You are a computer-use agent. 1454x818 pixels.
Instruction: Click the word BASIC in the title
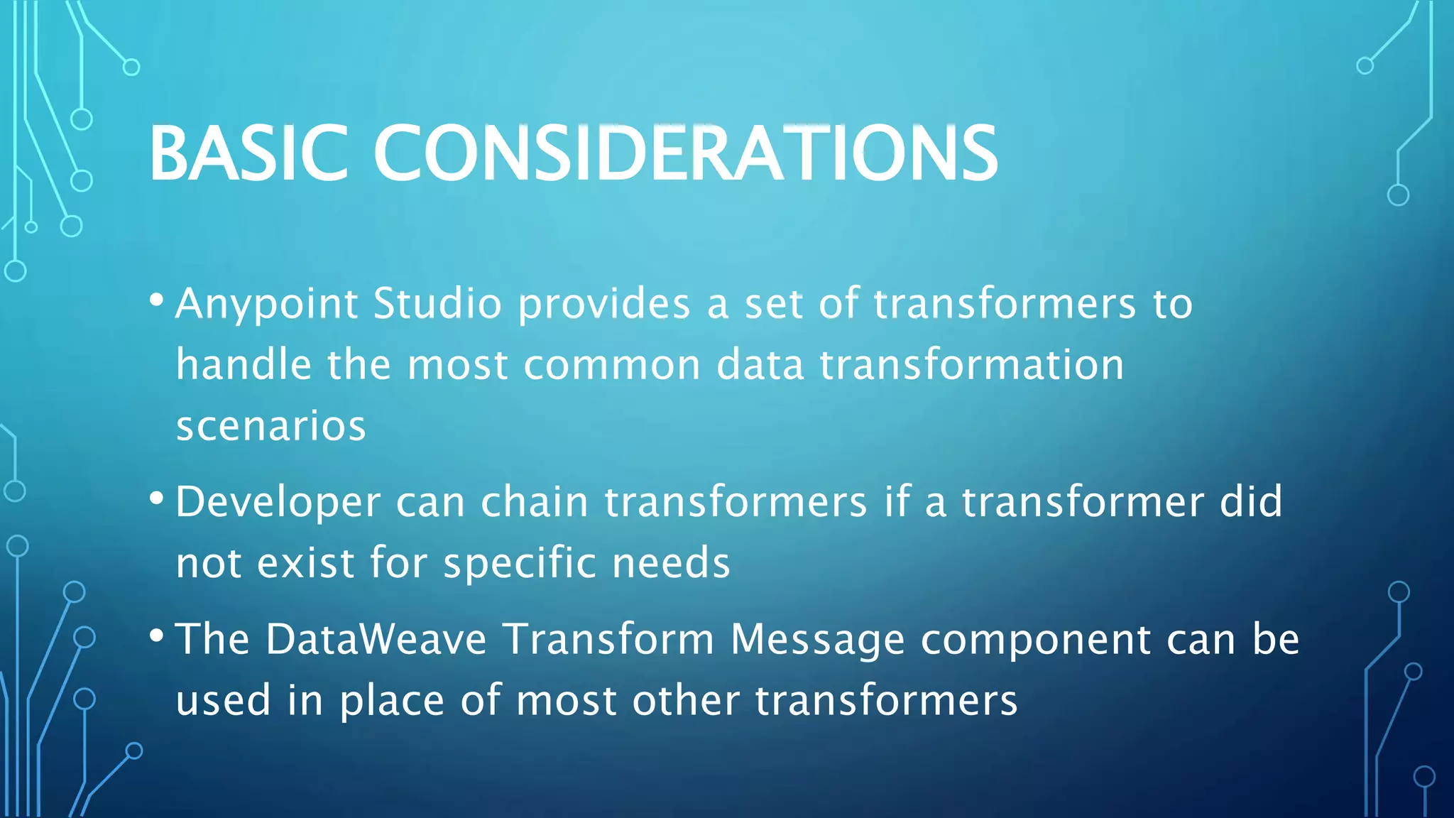pyautogui.click(x=248, y=153)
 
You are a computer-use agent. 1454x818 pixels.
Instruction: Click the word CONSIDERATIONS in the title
pyautogui.click(x=685, y=153)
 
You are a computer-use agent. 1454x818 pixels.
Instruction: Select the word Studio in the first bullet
pyautogui.click(x=437, y=304)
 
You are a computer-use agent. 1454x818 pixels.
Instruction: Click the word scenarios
pyautogui.click(x=270, y=427)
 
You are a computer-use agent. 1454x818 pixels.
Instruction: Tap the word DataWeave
pyautogui.click(x=376, y=638)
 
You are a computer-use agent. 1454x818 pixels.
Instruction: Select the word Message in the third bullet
pyautogui.click(x=817, y=640)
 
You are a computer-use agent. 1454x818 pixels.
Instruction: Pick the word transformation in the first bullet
pyautogui.click(x=972, y=365)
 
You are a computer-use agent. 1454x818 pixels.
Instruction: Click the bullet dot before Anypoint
pyautogui.click(x=157, y=299)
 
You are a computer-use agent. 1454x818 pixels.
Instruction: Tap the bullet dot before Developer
pyautogui.click(x=157, y=497)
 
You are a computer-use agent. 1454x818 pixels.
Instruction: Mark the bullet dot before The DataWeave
pyautogui.click(x=157, y=634)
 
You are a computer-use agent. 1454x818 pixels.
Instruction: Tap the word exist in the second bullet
pyautogui.click(x=305, y=563)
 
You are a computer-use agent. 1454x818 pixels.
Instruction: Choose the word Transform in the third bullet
pyautogui.click(x=608, y=638)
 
